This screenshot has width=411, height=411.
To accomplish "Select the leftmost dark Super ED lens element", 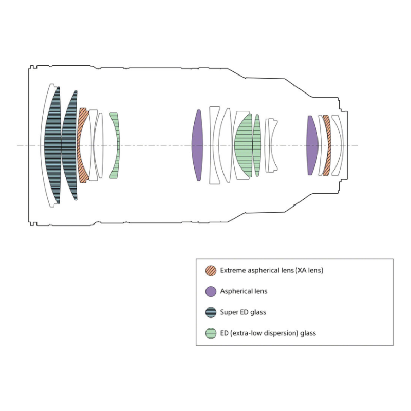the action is point(53,145).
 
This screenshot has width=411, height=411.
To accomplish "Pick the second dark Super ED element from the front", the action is point(69,145).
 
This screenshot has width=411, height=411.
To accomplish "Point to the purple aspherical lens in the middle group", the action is point(197,145).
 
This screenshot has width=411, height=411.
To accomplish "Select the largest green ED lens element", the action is point(243,145).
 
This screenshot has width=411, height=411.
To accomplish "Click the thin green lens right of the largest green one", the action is point(256,145).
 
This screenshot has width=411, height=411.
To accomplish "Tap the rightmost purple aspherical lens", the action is point(312,145).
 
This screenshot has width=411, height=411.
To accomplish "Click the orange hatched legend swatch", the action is point(211,271).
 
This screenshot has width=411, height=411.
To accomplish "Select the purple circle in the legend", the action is point(211,291).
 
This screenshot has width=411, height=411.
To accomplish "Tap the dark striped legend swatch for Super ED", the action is point(211,312).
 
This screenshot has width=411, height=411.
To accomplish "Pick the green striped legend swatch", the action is point(211,333).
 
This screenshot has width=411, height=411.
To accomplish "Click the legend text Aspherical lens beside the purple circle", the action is point(244,291).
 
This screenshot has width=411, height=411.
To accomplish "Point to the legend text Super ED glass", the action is point(243,312).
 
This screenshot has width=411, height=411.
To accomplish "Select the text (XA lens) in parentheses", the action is point(309,271).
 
